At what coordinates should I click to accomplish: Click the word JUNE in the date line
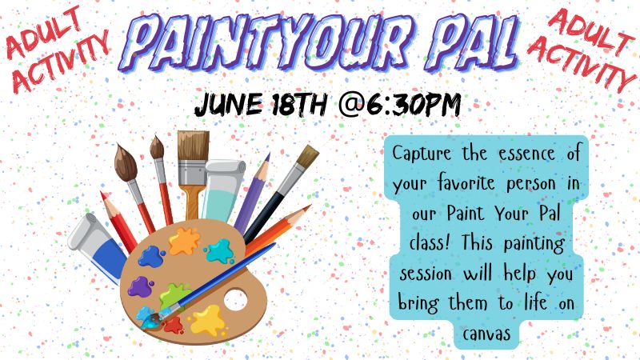[229, 105]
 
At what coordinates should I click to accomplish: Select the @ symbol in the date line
[351, 105]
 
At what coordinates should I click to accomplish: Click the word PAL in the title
[475, 42]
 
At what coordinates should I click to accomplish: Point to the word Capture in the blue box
[422, 154]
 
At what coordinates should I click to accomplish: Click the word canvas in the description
[486, 334]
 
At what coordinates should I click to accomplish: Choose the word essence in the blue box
[526, 154]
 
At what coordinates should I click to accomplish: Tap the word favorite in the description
[466, 183]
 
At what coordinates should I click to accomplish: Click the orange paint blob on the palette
[185, 241]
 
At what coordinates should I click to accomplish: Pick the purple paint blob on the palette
[139, 286]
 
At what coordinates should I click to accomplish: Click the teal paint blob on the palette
[219, 250]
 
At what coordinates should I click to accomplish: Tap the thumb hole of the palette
[235, 300]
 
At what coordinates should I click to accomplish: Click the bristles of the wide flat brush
[193, 146]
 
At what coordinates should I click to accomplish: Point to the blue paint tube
[98, 248]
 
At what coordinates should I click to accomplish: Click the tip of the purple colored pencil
[268, 155]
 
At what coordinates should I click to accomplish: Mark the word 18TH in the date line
[299, 105]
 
